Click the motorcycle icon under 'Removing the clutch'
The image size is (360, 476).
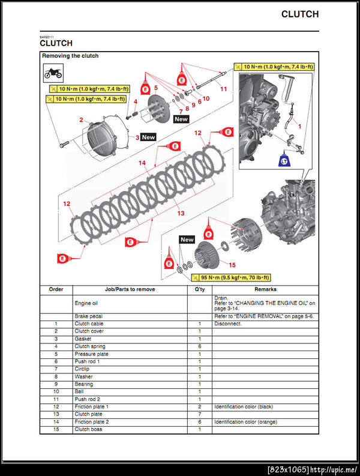click(x=52, y=74)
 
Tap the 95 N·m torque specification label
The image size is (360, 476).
click(x=231, y=278)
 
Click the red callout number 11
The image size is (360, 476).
click(x=224, y=89)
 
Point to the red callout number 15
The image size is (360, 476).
click(x=232, y=264)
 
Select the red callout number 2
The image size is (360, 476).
click(x=81, y=120)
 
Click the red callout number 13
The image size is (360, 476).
click(x=180, y=212)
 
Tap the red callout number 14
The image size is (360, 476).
click(x=142, y=163)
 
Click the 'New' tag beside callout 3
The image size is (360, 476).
click(x=148, y=137)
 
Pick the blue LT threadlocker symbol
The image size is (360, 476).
click(x=284, y=161)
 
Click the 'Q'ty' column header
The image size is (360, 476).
click(x=199, y=289)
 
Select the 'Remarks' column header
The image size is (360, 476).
click(x=265, y=289)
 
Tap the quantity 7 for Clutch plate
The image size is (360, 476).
click(x=199, y=414)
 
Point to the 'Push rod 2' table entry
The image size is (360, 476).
click(x=87, y=399)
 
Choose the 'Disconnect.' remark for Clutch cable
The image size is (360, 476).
click(x=227, y=324)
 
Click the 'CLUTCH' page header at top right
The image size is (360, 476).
click(x=299, y=14)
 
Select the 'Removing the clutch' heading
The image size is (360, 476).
click(x=70, y=56)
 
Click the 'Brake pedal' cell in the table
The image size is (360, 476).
click(x=88, y=316)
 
